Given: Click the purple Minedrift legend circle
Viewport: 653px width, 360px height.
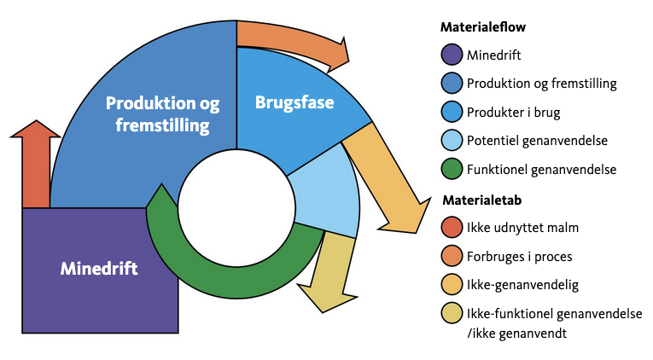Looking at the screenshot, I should tap(452, 55).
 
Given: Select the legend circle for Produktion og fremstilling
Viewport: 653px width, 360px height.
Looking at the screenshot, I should tap(452, 84).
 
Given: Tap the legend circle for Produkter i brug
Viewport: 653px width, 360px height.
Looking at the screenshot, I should tap(452, 112).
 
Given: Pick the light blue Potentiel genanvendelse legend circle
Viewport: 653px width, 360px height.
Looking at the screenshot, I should tap(452, 141).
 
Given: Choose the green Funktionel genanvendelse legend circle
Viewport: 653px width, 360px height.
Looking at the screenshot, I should tap(452, 169).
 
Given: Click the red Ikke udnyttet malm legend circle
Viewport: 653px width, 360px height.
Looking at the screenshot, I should tap(452, 228).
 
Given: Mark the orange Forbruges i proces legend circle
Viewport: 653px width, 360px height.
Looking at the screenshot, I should tap(452, 256).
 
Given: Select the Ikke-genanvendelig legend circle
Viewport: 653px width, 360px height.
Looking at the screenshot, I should tap(452, 284).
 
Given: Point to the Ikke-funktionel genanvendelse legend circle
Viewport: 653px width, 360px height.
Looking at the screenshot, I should tap(452, 313).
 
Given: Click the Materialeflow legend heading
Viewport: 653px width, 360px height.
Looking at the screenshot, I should tap(482, 27).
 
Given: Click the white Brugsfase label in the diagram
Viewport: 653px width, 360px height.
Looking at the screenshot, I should tap(294, 103).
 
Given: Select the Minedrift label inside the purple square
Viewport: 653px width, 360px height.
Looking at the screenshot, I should tap(99, 268).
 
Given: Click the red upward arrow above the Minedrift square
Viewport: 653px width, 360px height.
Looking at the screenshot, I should tap(36, 166).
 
